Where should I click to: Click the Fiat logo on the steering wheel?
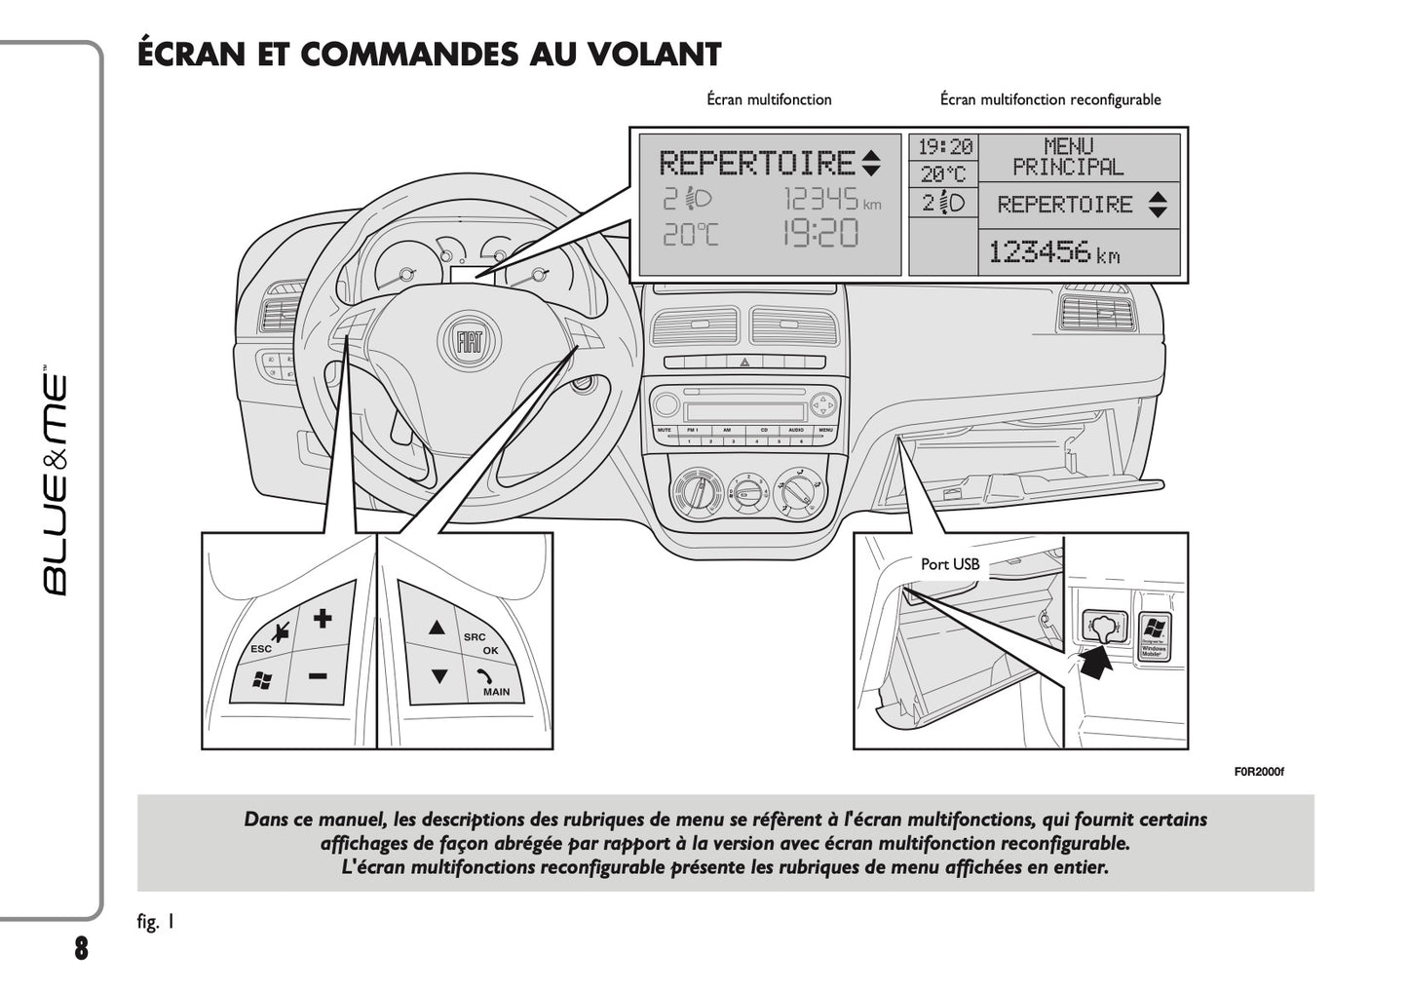[470, 341]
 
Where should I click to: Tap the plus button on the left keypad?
[323, 618]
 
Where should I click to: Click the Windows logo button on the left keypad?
[261, 681]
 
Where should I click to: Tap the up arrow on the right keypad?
[438, 629]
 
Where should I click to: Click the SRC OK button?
[481, 642]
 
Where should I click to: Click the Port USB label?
[949, 564]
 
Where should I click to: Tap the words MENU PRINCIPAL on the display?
[1068, 157]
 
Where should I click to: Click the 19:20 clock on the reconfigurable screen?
[945, 147]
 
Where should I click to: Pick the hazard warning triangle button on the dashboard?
[743, 362]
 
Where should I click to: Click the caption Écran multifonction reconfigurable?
[1049, 99]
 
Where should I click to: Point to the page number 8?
[81, 948]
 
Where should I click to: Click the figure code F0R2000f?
[1259, 772]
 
